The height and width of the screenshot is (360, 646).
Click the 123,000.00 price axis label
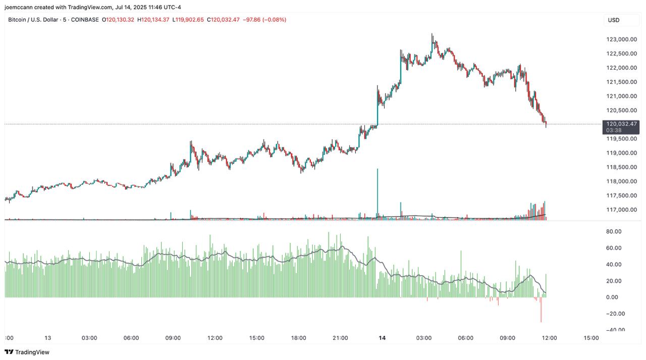[620, 39]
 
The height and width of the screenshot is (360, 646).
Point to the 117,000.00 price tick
[620, 210]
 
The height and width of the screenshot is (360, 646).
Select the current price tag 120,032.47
[621, 124]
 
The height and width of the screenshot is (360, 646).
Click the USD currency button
[614, 20]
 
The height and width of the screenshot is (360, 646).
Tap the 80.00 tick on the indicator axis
[613, 232]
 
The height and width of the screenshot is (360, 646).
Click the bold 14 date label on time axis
[382, 338]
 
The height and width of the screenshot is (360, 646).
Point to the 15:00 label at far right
[591, 338]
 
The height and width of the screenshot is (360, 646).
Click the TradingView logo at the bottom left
[27, 352]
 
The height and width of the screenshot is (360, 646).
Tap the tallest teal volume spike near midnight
[378, 192]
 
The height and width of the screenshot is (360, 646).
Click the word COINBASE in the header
[85, 20]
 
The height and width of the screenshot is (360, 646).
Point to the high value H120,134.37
[153, 20]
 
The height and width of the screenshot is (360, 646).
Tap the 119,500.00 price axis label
[620, 139]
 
